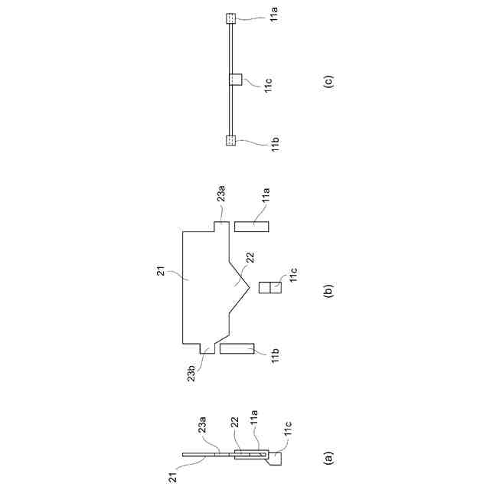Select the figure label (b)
[328, 291]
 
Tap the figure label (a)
[328, 459]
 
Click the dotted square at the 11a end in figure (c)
[231, 18]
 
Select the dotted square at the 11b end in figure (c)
[231, 140]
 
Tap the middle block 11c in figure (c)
[236, 80]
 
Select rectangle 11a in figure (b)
[251, 227]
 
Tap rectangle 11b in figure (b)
[237, 348]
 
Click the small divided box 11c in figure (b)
[270, 289]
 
